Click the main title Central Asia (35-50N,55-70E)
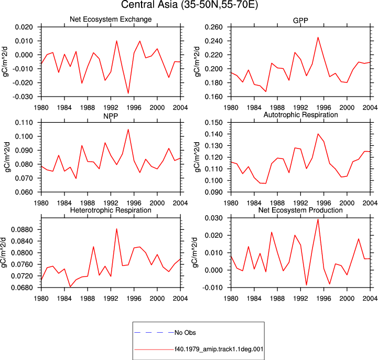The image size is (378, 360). [x=189, y=5]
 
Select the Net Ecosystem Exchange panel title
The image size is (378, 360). [x=111, y=19]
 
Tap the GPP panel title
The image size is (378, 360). [x=300, y=20]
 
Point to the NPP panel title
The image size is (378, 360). [x=111, y=116]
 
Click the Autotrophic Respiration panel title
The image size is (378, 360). [x=300, y=115]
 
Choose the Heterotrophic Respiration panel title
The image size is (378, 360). [x=111, y=210]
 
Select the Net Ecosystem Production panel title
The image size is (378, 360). [x=300, y=210]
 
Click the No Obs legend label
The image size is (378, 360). [x=185, y=333]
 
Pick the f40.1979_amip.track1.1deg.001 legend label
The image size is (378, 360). [x=219, y=349]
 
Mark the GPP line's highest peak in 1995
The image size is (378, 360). [x=318, y=37]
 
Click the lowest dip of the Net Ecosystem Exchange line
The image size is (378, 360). [x=128, y=93]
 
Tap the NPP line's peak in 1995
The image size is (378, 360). [x=128, y=129]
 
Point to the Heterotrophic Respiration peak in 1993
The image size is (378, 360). [x=117, y=229]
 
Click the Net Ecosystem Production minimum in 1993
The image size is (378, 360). [x=306, y=285]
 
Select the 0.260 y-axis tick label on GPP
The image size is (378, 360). [x=213, y=27]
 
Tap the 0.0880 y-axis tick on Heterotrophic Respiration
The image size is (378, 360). [x=22, y=230]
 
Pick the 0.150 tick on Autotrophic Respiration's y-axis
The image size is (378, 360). [x=213, y=123]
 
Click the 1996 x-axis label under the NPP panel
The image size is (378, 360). [x=134, y=203]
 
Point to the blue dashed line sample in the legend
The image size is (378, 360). [x=154, y=333]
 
